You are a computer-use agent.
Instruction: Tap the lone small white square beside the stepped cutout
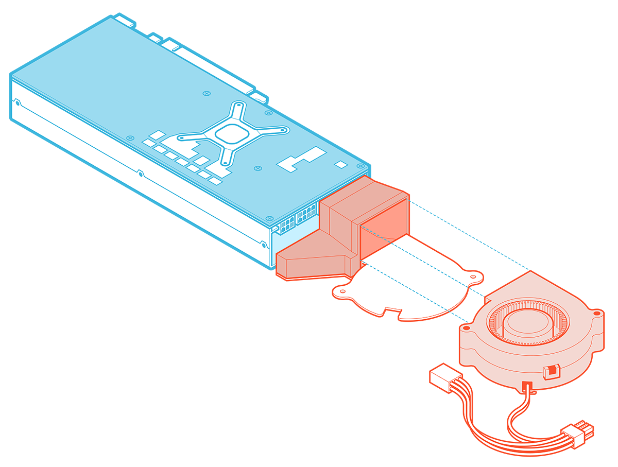pyautogui.click(x=340, y=164)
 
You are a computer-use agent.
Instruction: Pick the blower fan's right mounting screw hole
pyautogui.click(x=596, y=313)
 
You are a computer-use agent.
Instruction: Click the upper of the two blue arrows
pyautogui.click(x=478, y=293)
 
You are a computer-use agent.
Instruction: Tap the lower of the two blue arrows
pyautogui.click(x=456, y=316)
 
